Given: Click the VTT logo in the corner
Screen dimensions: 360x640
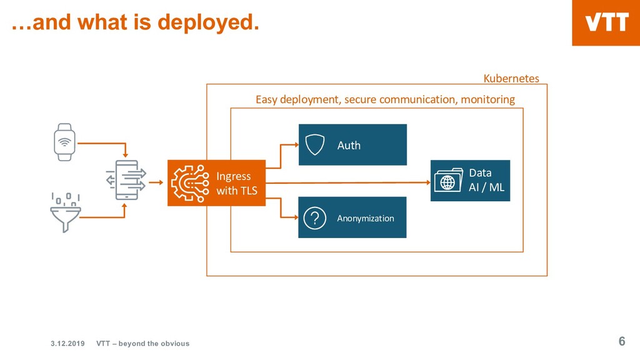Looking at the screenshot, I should pos(606,23).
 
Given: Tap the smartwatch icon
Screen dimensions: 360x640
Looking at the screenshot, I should pos(64,142).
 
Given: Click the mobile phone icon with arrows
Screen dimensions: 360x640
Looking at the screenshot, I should pos(126,180).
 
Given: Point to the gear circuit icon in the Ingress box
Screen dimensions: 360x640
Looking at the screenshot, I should pos(191,182).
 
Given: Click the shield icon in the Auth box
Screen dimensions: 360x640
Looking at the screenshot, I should pos(316,145).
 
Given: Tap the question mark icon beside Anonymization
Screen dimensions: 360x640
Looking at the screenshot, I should pos(315,218).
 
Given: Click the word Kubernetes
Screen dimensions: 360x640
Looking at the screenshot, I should pos(511,79).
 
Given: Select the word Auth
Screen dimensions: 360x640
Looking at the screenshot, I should pos(349,145).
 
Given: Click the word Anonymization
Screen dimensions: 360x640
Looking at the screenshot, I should pos(366,218).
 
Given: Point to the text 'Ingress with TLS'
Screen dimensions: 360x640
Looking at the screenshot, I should pos(236,184).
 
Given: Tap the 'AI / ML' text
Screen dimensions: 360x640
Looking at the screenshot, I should pos(486,187).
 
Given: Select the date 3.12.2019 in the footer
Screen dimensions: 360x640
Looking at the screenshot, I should pos(67,343).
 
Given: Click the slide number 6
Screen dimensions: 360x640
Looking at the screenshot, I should pos(621,341).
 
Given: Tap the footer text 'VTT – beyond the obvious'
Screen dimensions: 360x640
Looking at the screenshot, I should pos(142,343).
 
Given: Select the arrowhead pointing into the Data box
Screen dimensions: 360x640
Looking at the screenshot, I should pos(428,182).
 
